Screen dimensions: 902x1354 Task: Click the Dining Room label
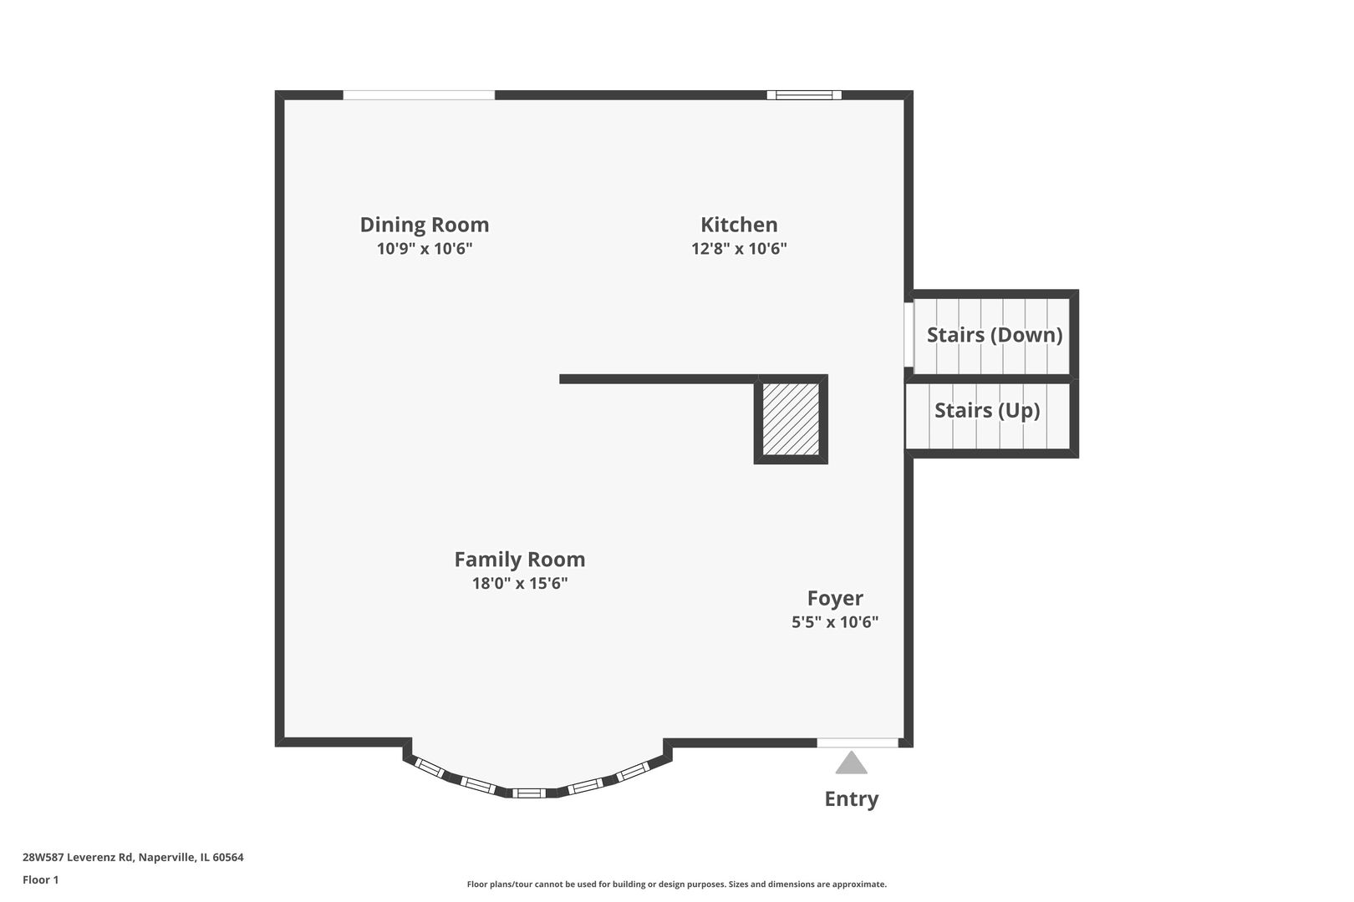[x=425, y=225]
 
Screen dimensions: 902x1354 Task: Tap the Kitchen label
[x=739, y=225]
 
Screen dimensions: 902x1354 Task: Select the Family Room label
[x=519, y=560]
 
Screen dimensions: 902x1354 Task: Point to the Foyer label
[x=835, y=598]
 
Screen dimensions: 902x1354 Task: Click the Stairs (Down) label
[x=994, y=335]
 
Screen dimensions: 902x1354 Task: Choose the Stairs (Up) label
[x=986, y=410]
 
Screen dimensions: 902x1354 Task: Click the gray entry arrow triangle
[x=851, y=763]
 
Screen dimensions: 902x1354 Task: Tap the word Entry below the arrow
[x=851, y=799]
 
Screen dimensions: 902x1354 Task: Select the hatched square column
[x=791, y=419]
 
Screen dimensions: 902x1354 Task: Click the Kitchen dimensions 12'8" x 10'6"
[x=739, y=249]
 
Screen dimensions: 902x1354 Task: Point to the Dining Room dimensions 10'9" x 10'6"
[x=425, y=249]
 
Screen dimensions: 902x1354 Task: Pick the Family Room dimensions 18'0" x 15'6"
[x=519, y=583]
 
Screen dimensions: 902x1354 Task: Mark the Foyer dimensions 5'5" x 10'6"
[x=835, y=622]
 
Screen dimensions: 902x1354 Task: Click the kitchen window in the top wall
[x=804, y=95]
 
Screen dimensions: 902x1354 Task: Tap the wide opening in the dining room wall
[x=419, y=95]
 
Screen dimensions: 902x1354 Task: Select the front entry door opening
[x=858, y=742]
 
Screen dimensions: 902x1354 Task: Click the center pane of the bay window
[x=528, y=793]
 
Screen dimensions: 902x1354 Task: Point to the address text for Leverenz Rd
[x=133, y=857]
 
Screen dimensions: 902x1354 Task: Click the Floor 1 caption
[x=41, y=879]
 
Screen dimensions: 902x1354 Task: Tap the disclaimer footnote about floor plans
[x=676, y=884]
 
